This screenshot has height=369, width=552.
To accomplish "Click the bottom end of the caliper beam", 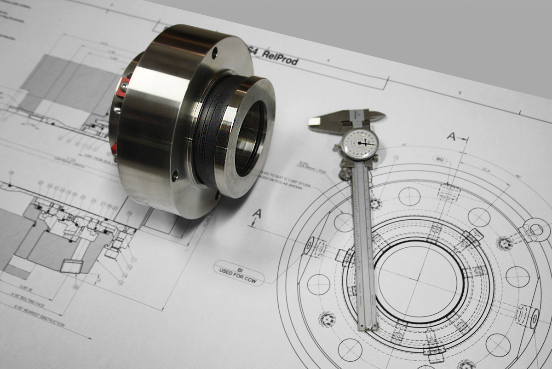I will (368, 327).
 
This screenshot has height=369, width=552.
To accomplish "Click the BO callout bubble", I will (440, 159).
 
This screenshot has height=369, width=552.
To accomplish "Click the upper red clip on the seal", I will (123, 87).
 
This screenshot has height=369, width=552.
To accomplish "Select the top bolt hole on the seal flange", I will (214, 53).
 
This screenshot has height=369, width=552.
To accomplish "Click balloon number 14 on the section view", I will (124, 275).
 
